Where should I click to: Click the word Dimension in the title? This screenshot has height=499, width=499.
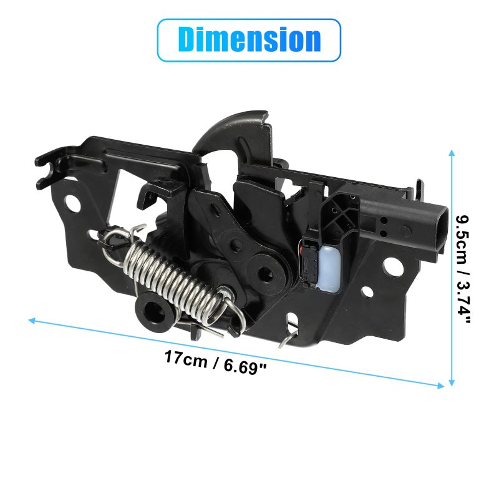point(249,39)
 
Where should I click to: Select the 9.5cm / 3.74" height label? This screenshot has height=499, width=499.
point(463,269)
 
